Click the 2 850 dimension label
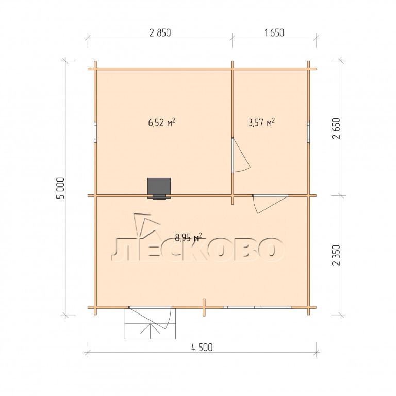(160, 33)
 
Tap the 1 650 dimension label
(274, 33)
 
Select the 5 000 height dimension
(61, 188)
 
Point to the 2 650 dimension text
(337, 128)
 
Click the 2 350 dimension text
(337, 255)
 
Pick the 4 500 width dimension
(202, 348)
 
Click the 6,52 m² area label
(161, 123)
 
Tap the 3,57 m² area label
(261, 123)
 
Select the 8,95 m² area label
(188, 237)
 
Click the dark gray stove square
(159, 186)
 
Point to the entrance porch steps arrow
(151, 331)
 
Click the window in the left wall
(95, 133)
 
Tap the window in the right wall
(308, 133)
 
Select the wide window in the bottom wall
(257, 307)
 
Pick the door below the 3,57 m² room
(270, 204)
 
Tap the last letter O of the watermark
(270, 250)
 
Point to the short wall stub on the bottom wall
(204, 307)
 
